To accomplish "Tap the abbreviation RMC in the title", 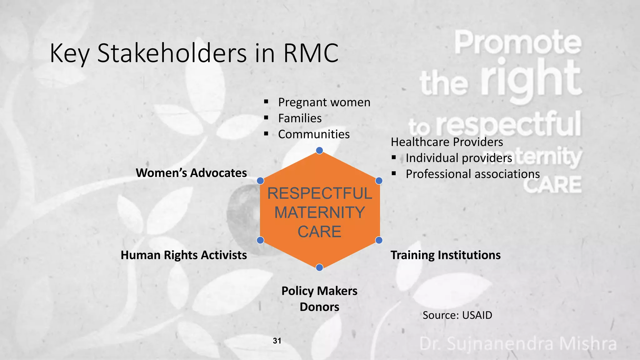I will point(311,53).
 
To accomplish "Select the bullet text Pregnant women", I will point(324,102).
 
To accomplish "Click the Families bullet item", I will point(300,118).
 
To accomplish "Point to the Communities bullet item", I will point(314,134).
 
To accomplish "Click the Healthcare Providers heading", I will point(447,142).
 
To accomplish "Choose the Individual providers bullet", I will point(459,158).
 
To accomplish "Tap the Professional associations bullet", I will point(472,174).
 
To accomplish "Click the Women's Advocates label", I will point(191,173).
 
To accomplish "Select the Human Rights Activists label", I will point(184,255).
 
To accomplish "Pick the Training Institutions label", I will point(445,255).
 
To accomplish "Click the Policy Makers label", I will point(319,291).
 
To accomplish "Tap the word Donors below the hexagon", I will point(319,307).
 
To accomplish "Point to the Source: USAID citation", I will point(457,315).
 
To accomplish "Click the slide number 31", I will point(277,341).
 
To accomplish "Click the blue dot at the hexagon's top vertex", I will point(319,151).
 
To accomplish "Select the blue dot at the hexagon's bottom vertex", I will point(319,267).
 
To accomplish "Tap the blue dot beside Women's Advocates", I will point(260,181).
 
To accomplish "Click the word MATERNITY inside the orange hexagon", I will point(319,212).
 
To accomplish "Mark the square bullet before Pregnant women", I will point(266,102).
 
